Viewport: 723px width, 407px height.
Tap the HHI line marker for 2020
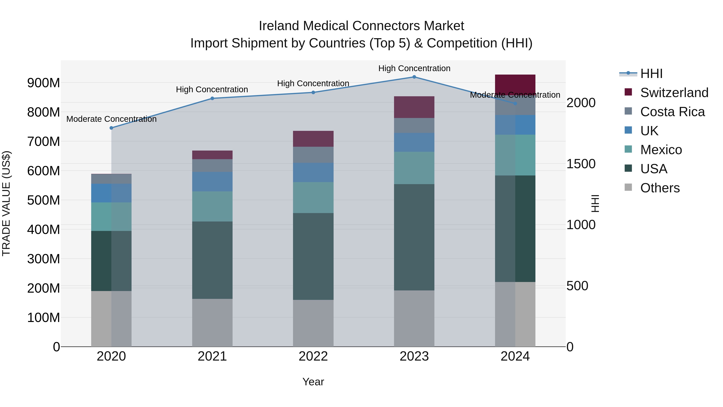(111, 128)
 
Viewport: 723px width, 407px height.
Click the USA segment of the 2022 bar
(313, 256)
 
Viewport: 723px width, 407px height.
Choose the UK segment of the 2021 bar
(212, 181)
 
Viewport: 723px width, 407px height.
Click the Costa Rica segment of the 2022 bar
(313, 155)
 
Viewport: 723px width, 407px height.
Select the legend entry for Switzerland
(674, 93)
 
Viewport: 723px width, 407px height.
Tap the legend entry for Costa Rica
(672, 112)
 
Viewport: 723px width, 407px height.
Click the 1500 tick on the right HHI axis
(581, 164)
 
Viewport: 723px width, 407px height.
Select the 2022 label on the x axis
(313, 356)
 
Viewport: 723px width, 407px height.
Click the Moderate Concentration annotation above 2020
(111, 119)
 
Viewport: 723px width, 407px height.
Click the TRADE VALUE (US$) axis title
(6, 203)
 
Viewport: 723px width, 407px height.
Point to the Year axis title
(313, 382)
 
